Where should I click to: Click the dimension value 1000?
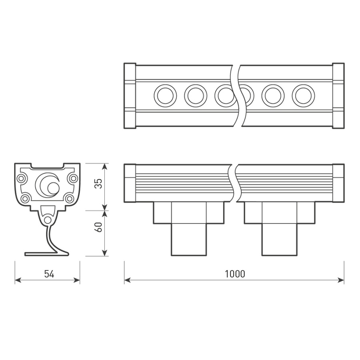click(x=234, y=274)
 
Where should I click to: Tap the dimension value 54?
click(x=49, y=274)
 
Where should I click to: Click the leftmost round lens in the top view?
click(x=165, y=96)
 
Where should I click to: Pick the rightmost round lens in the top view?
click(x=303, y=96)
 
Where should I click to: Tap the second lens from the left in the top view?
click(x=196, y=96)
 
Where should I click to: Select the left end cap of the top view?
click(x=130, y=96)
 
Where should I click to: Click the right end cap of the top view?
click(x=338, y=96)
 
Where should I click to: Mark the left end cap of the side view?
click(x=130, y=183)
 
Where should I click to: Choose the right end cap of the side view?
click(x=338, y=183)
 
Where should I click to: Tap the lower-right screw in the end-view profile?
click(x=69, y=198)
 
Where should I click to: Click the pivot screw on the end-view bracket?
click(x=48, y=220)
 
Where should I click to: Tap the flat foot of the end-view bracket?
click(x=40, y=254)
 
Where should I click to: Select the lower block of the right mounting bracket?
click(x=280, y=239)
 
